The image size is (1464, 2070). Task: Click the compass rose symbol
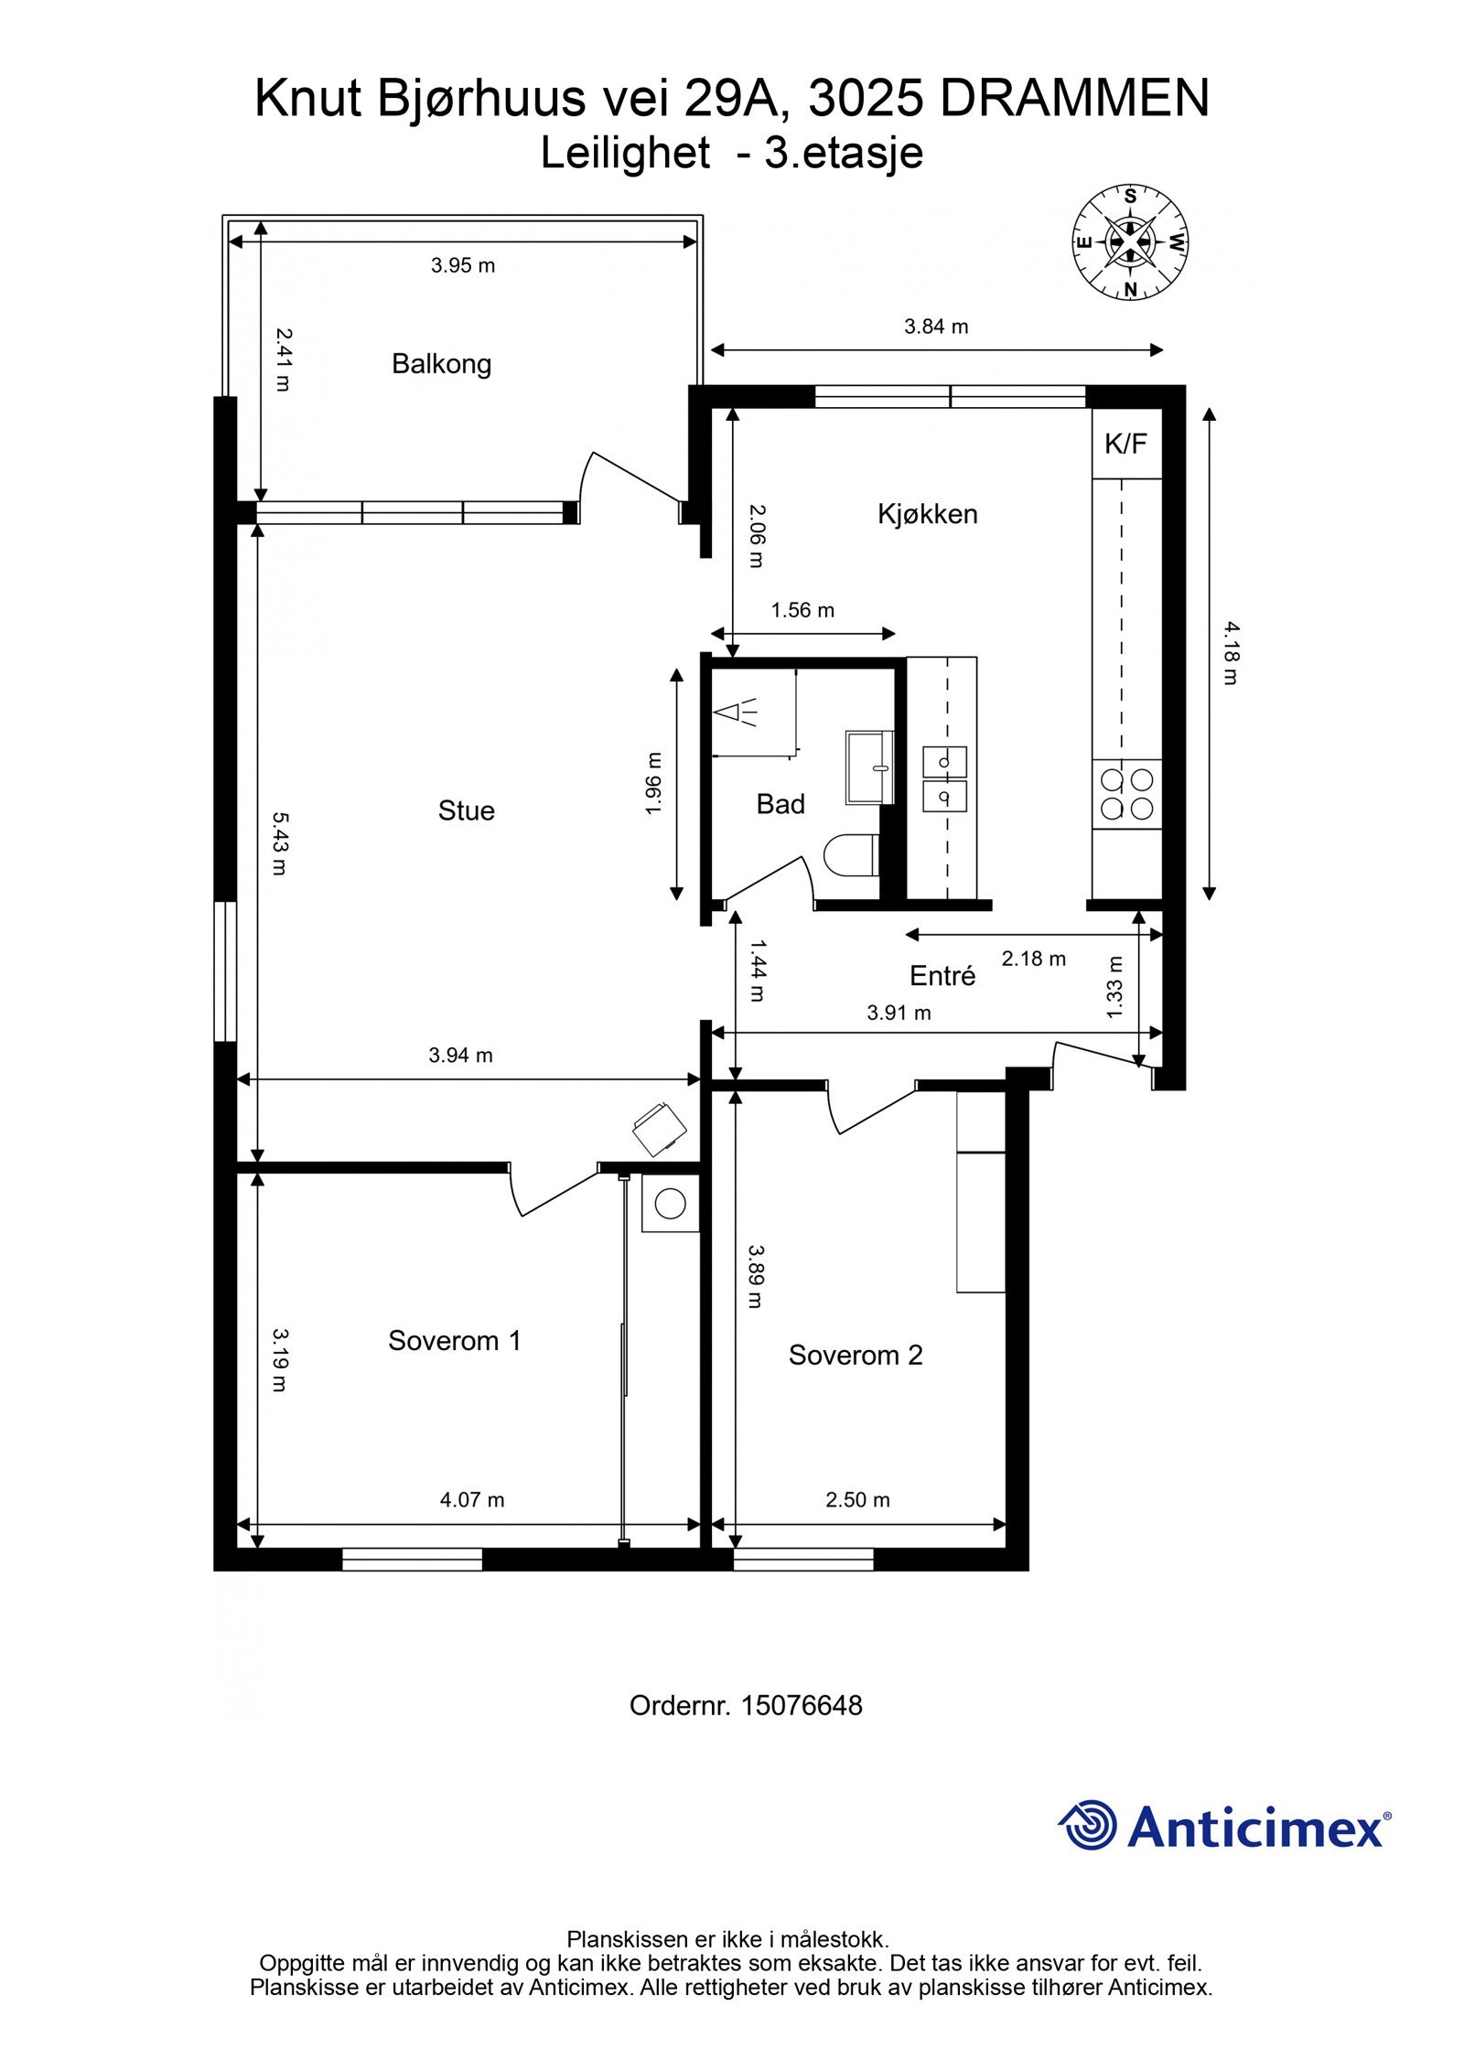point(1130,242)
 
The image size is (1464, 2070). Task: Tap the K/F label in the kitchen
point(1125,444)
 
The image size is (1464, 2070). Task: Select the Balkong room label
point(441,364)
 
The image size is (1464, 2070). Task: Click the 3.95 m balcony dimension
point(463,266)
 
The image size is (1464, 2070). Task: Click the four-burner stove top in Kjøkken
point(1126,794)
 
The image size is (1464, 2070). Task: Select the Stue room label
point(466,810)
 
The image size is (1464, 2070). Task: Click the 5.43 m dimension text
point(280,842)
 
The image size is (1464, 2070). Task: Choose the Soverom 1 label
point(454,1341)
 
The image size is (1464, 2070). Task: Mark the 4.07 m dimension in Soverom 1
point(472,1499)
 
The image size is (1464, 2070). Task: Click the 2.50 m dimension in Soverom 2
point(857,1499)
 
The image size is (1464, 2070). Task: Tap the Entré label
point(942,976)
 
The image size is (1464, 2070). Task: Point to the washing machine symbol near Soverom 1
point(671,1204)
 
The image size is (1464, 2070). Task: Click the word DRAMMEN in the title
point(1075,98)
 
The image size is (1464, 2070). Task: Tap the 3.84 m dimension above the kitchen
point(936,327)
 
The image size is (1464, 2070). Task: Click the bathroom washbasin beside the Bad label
point(868,767)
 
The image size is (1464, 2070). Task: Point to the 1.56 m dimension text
point(802,610)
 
